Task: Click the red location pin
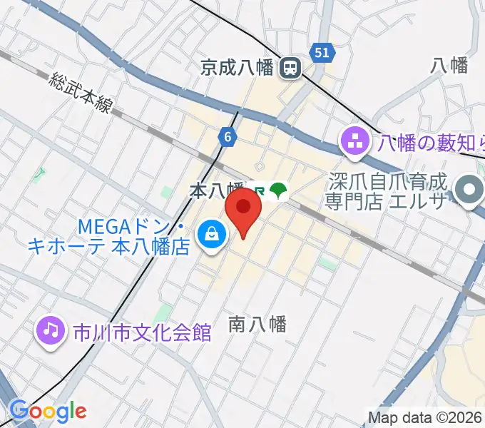pos(243,210)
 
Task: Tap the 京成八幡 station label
pos(238,68)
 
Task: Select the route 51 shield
pos(322,52)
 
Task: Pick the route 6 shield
pos(227,138)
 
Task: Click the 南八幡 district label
pos(257,325)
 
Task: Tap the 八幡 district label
pos(449,66)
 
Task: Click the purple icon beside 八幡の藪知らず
pos(354,142)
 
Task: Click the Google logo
pos(47,411)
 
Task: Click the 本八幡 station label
pos(216,190)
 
